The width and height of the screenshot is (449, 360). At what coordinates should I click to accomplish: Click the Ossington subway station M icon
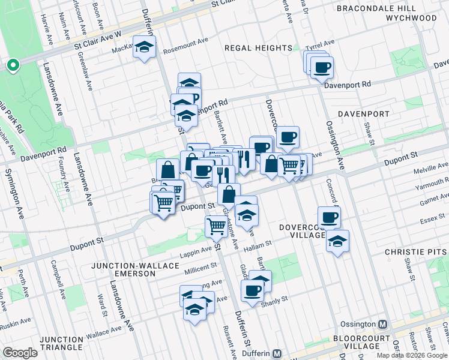point(382,325)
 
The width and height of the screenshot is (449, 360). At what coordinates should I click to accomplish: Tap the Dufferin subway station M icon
point(277,355)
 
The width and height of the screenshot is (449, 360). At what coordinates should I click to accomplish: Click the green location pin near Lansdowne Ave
point(12,65)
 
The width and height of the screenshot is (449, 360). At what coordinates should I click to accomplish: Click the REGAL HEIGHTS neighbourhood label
point(258,48)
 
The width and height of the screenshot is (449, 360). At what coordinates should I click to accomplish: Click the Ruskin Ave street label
point(13,325)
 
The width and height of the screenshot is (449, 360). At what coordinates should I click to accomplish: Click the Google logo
point(20,353)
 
